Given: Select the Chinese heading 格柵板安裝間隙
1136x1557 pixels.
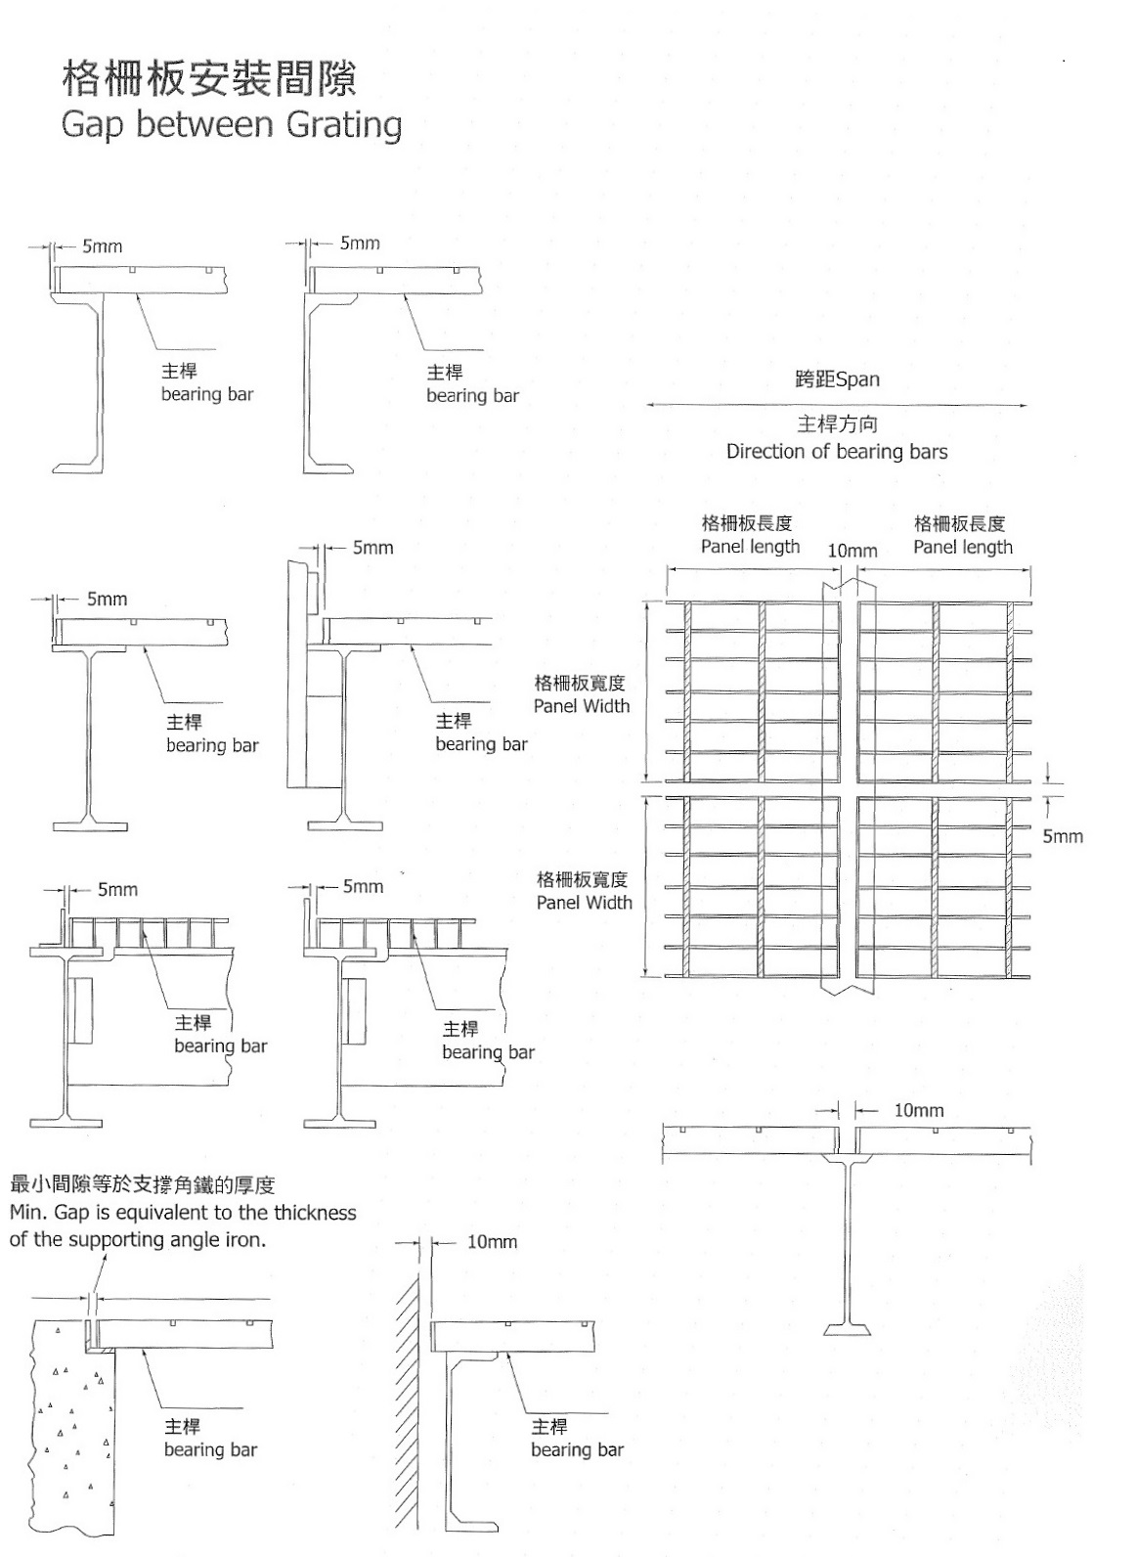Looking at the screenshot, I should click(209, 78).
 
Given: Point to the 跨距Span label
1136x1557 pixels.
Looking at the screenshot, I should click(837, 379).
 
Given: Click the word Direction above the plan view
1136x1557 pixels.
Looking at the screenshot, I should click(766, 452).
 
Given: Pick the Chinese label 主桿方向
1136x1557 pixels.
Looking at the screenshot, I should click(837, 424).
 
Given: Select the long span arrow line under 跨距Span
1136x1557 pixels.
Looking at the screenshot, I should click(837, 405).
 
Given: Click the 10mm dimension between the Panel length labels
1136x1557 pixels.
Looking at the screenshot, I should click(852, 552).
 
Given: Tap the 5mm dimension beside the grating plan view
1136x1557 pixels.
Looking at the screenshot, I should click(1063, 836).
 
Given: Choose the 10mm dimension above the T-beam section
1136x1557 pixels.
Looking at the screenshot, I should click(919, 1110).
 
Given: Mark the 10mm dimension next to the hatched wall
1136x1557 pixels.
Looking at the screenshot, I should click(492, 1242).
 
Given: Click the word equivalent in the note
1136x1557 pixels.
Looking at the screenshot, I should click(163, 1213).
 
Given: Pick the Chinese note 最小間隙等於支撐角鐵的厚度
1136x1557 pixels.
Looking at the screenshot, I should click(142, 1185).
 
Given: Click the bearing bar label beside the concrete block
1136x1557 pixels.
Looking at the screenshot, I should click(210, 1449).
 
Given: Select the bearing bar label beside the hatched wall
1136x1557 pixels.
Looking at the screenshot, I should click(577, 1449).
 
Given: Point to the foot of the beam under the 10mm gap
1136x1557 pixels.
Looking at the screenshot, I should click(847, 1329).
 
